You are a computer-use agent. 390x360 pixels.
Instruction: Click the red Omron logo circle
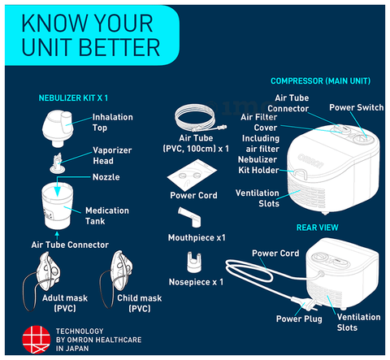pos(37,340)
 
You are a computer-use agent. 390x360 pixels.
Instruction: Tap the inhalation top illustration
pos(58,128)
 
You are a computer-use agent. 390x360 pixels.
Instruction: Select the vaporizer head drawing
pos(58,163)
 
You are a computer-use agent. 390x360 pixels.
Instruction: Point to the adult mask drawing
pos(42,280)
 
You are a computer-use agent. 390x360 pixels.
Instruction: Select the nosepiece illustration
pos(194,262)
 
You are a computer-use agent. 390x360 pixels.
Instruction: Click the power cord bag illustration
pos(192,175)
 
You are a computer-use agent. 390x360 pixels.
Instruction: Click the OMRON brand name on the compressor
pos(311,161)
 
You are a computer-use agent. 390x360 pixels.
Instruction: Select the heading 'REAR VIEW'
pos(318,228)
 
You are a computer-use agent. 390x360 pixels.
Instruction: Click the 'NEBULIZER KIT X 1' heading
pos(73,98)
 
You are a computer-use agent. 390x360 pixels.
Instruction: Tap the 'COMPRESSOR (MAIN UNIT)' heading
pos(321,81)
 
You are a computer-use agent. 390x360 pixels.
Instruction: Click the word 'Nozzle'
pos(106,177)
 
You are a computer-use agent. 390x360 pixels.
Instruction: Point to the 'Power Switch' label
pos(357,107)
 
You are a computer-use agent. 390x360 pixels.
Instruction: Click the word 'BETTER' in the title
pos(119,47)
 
